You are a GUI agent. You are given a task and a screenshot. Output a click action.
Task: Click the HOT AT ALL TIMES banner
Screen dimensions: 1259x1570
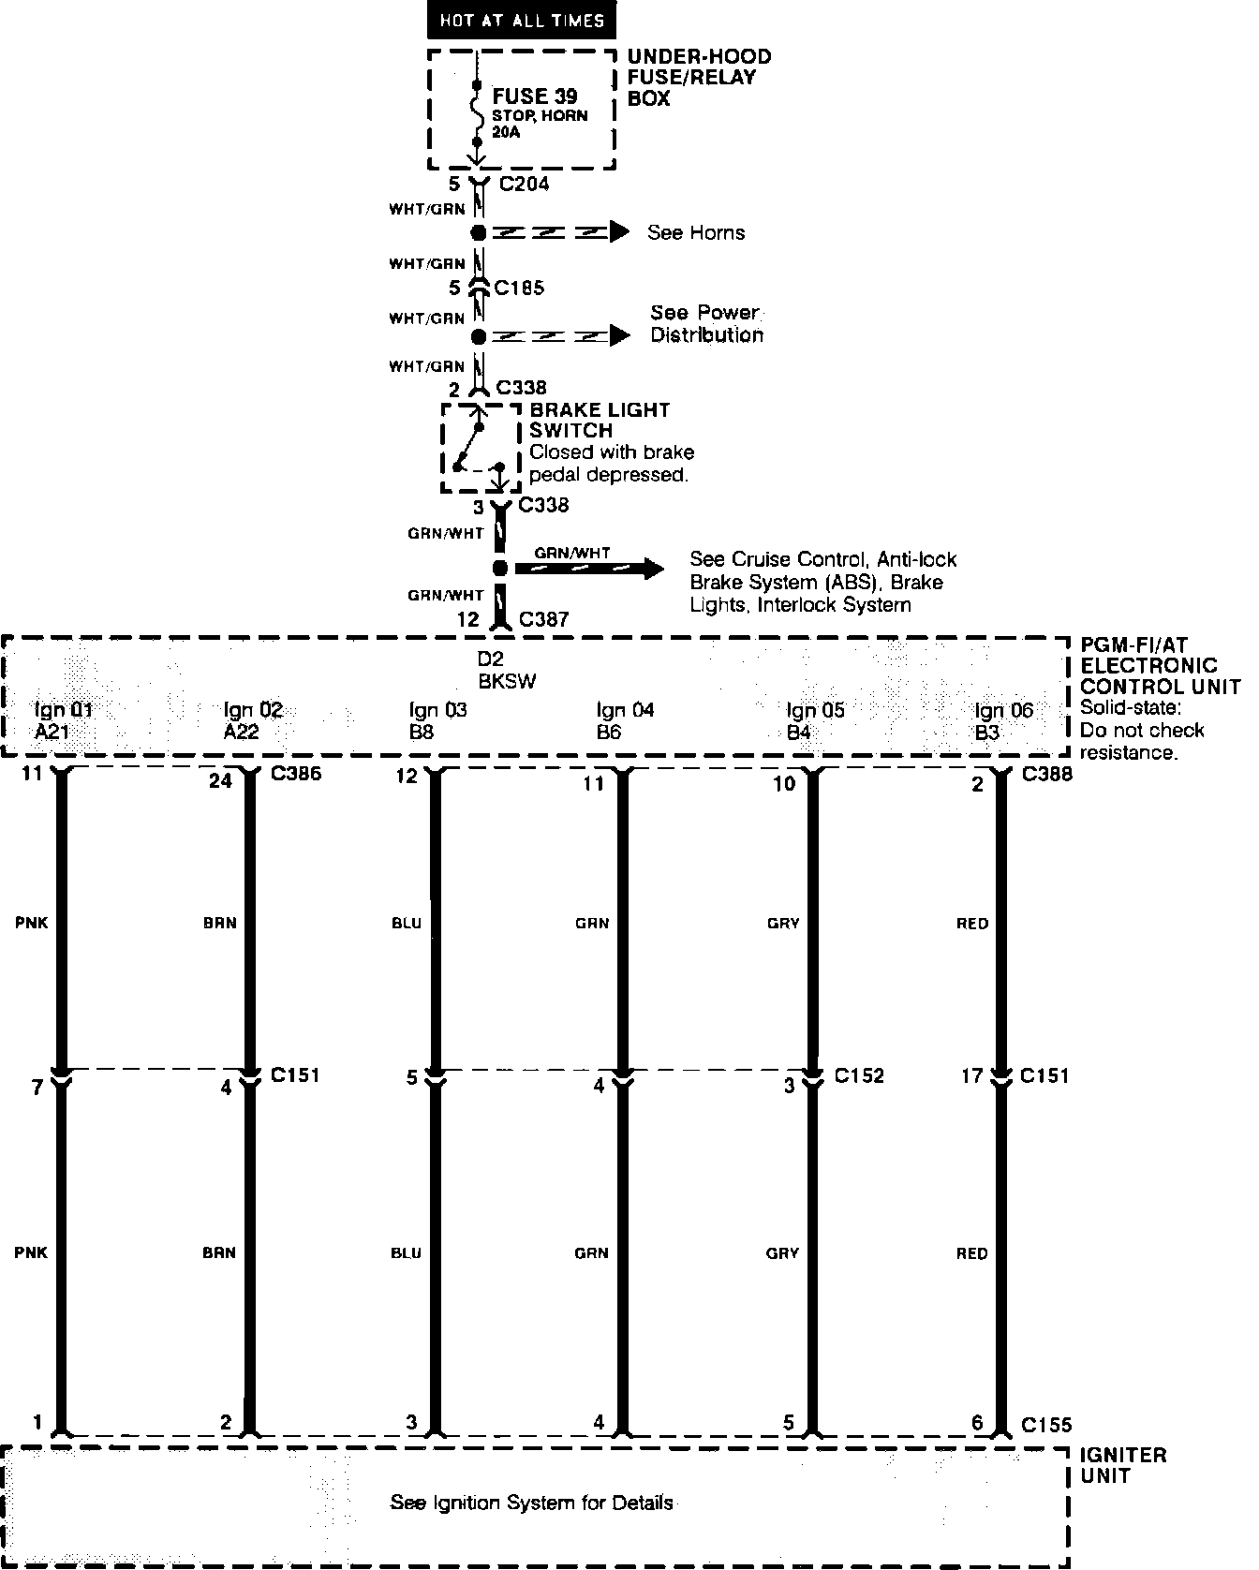[522, 20]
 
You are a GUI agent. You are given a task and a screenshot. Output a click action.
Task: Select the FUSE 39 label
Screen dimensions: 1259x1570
[535, 96]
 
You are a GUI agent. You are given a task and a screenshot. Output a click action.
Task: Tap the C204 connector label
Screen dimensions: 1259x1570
[524, 184]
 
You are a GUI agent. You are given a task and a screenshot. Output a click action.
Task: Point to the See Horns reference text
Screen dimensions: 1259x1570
[695, 232]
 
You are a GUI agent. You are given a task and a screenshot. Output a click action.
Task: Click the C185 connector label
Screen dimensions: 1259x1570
[519, 288]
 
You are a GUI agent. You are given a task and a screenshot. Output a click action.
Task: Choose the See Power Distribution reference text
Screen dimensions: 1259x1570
[706, 323]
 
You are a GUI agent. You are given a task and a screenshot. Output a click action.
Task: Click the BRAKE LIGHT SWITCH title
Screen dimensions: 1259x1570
[600, 420]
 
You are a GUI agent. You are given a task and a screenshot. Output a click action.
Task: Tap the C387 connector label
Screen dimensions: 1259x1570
[543, 619]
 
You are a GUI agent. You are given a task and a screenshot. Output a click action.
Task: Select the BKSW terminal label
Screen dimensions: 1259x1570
[506, 681]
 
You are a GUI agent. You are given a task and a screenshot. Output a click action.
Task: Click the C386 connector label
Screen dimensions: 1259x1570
[296, 775]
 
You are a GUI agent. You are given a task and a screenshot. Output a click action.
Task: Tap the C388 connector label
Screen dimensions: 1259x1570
[1047, 775]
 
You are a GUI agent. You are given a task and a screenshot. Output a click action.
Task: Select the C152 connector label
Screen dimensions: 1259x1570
[859, 1075]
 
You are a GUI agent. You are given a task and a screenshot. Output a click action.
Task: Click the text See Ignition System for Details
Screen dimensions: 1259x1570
[531, 1503]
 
